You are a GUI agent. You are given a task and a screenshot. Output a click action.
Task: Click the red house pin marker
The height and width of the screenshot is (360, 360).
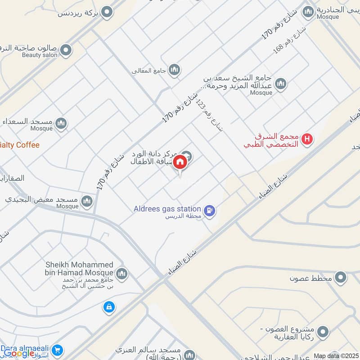tap(180, 162)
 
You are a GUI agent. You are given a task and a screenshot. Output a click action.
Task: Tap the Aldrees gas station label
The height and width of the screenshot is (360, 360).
tap(167, 209)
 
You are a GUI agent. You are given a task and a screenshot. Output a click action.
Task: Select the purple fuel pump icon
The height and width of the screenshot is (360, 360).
tap(209, 210)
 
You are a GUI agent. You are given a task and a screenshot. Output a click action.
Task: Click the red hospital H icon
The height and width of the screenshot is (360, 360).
tap(308, 139)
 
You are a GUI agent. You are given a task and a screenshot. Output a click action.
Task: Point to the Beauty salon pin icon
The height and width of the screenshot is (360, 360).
tap(66, 50)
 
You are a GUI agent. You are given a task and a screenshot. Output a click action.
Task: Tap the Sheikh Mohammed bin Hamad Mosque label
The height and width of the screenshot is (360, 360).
tap(79, 269)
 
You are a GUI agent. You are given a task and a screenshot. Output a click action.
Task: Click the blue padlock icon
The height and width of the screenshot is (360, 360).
tap(108, 307)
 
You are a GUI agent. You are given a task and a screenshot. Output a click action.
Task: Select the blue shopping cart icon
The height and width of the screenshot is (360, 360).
tap(57, 350)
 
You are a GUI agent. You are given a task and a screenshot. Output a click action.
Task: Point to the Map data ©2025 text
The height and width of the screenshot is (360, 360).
tap(335, 355)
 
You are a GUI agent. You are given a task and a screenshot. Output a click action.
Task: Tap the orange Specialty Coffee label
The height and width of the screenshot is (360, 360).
tap(20, 145)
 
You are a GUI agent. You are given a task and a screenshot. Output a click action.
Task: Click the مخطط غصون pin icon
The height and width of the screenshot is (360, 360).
tap(341, 278)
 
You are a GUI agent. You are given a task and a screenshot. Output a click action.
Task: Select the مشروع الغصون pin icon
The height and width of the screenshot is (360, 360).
tap(322, 333)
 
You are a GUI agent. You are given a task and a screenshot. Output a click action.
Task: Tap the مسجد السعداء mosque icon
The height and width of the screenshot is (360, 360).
tap(61, 122)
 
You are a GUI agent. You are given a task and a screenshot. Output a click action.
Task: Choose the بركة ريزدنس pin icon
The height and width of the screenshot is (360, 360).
tap(107, 12)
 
